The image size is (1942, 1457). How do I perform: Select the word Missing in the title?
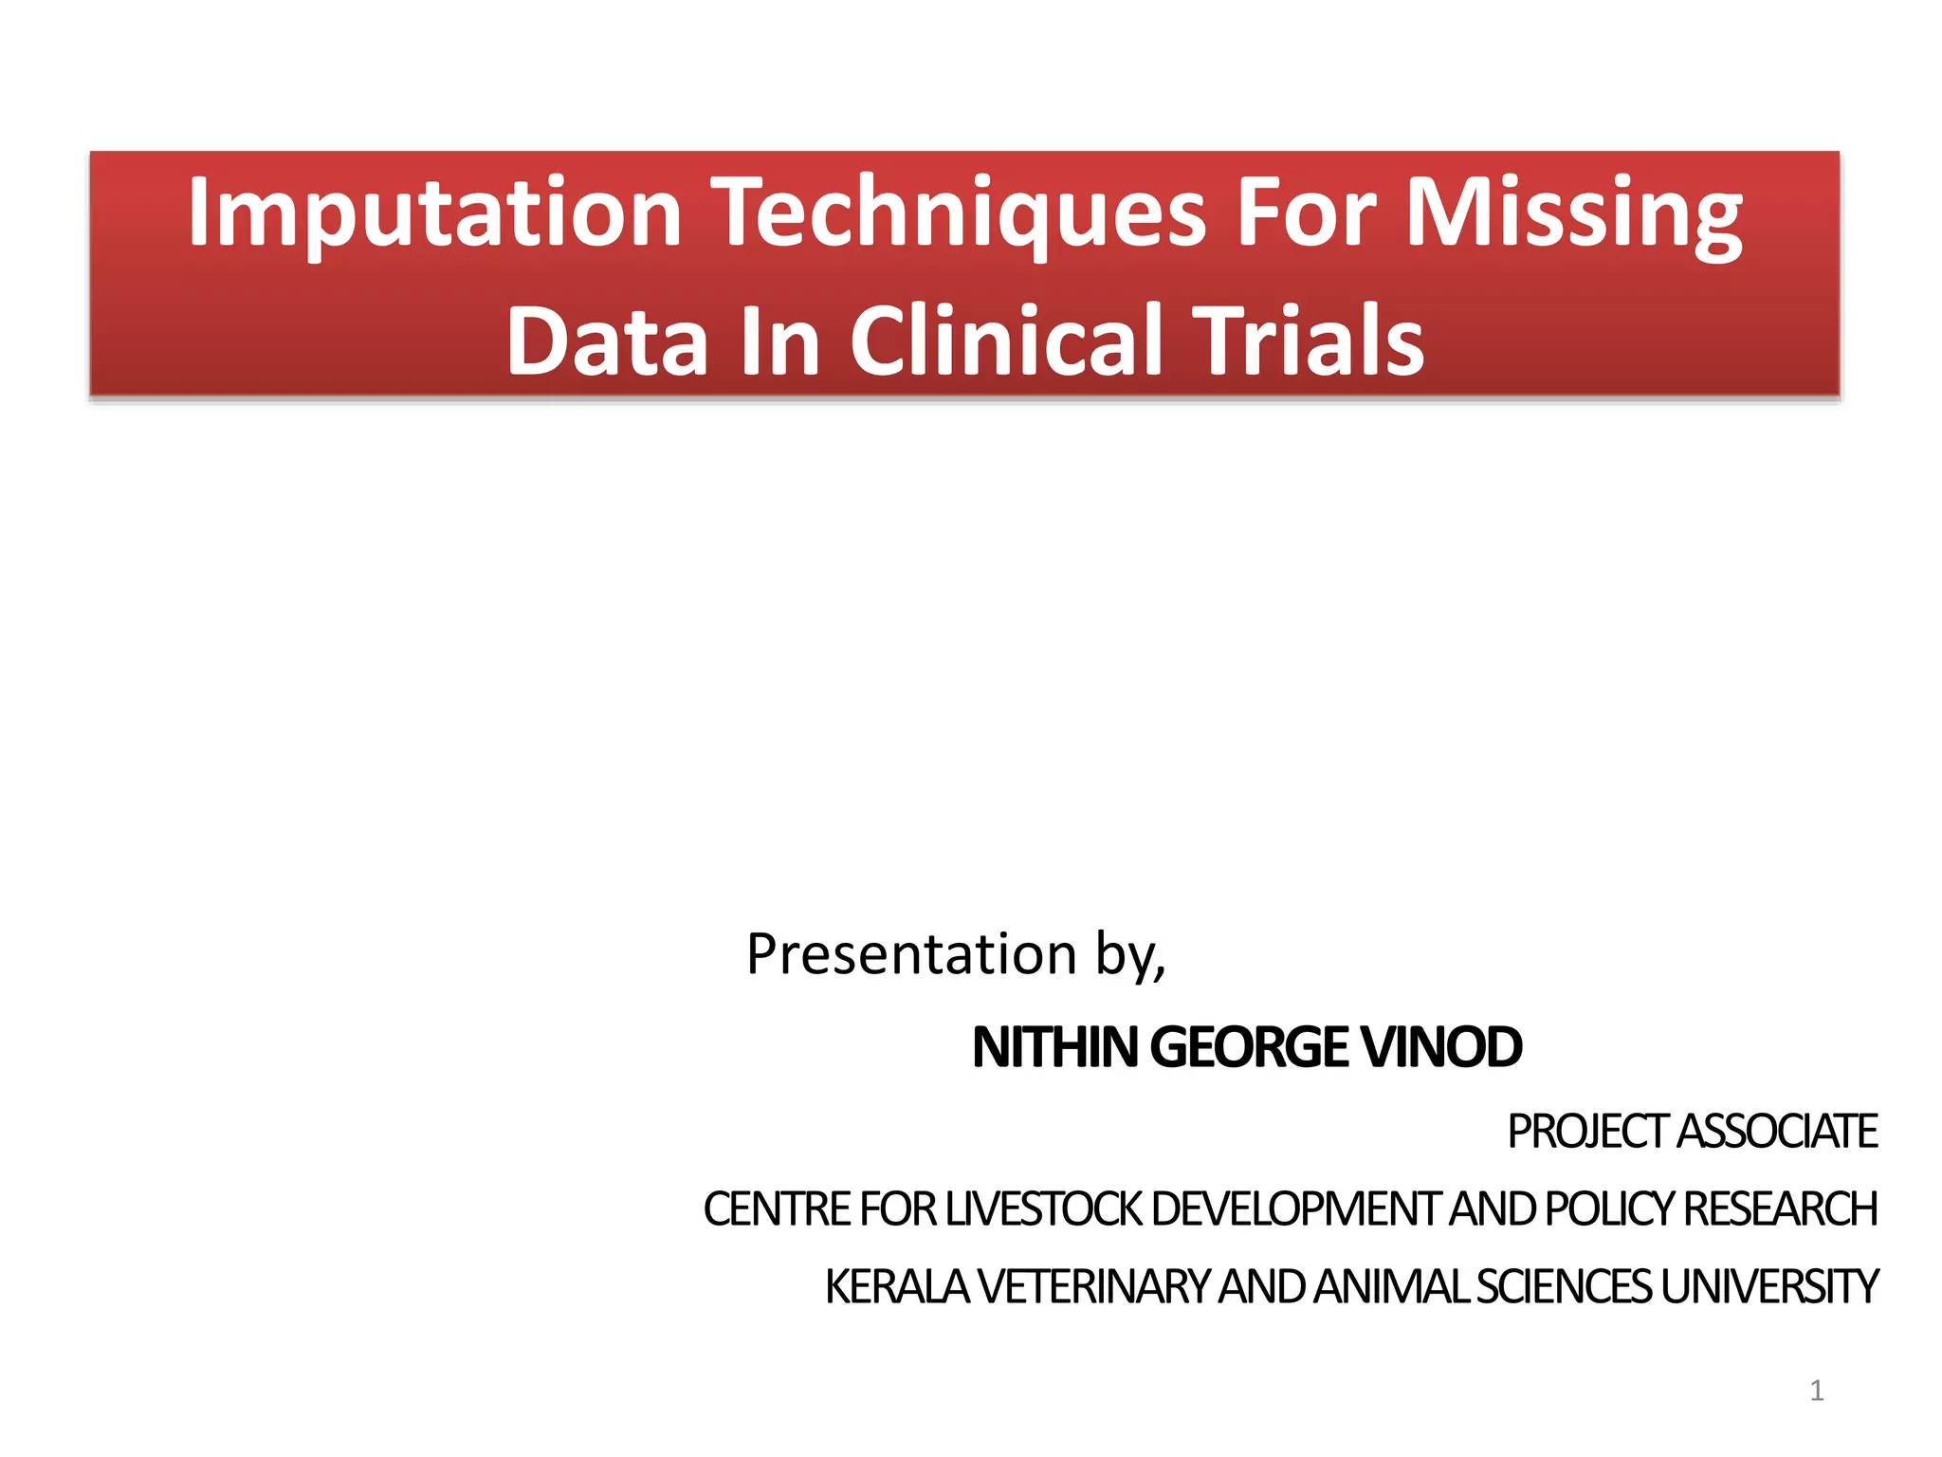[1573, 212]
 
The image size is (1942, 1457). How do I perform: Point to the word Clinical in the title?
[1006, 341]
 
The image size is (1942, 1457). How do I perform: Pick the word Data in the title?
[607, 341]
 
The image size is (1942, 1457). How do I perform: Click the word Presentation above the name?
[911, 954]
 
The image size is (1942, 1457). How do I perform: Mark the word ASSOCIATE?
[1777, 1132]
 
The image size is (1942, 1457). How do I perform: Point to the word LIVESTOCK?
[1044, 1209]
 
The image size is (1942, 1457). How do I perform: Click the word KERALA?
[896, 1287]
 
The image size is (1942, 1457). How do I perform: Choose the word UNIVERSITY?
[1768, 1287]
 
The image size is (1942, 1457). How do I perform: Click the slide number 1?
[1816, 1392]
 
